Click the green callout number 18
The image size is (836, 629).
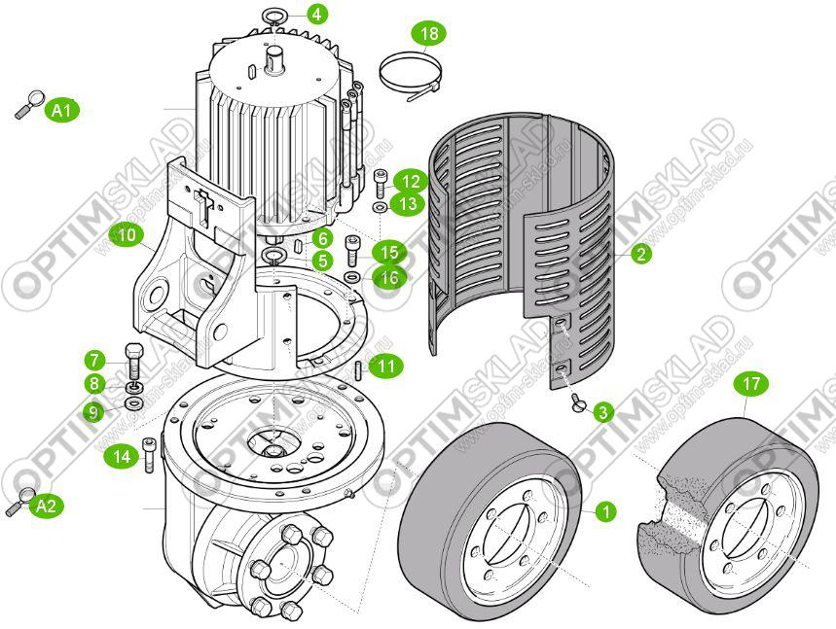pyautogui.click(x=429, y=34)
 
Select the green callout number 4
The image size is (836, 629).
pyautogui.click(x=317, y=15)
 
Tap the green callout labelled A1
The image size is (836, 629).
pyautogui.click(x=63, y=110)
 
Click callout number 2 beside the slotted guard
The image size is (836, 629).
pyautogui.click(x=639, y=255)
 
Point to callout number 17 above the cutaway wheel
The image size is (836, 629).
pyautogui.click(x=749, y=385)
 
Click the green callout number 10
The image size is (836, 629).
pyautogui.click(x=126, y=234)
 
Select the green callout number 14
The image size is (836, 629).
pyautogui.click(x=122, y=455)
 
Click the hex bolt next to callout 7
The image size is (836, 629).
pyautogui.click(x=133, y=359)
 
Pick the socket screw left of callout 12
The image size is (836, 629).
pyautogui.click(x=379, y=182)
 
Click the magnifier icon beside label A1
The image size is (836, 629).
pyautogui.click(x=29, y=102)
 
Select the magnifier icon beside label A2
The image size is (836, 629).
pyautogui.click(x=19, y=502)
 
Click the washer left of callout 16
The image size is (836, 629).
pyautogui.click(x=353, y=278)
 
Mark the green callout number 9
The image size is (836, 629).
pyautogui.click(x=94, y=412)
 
